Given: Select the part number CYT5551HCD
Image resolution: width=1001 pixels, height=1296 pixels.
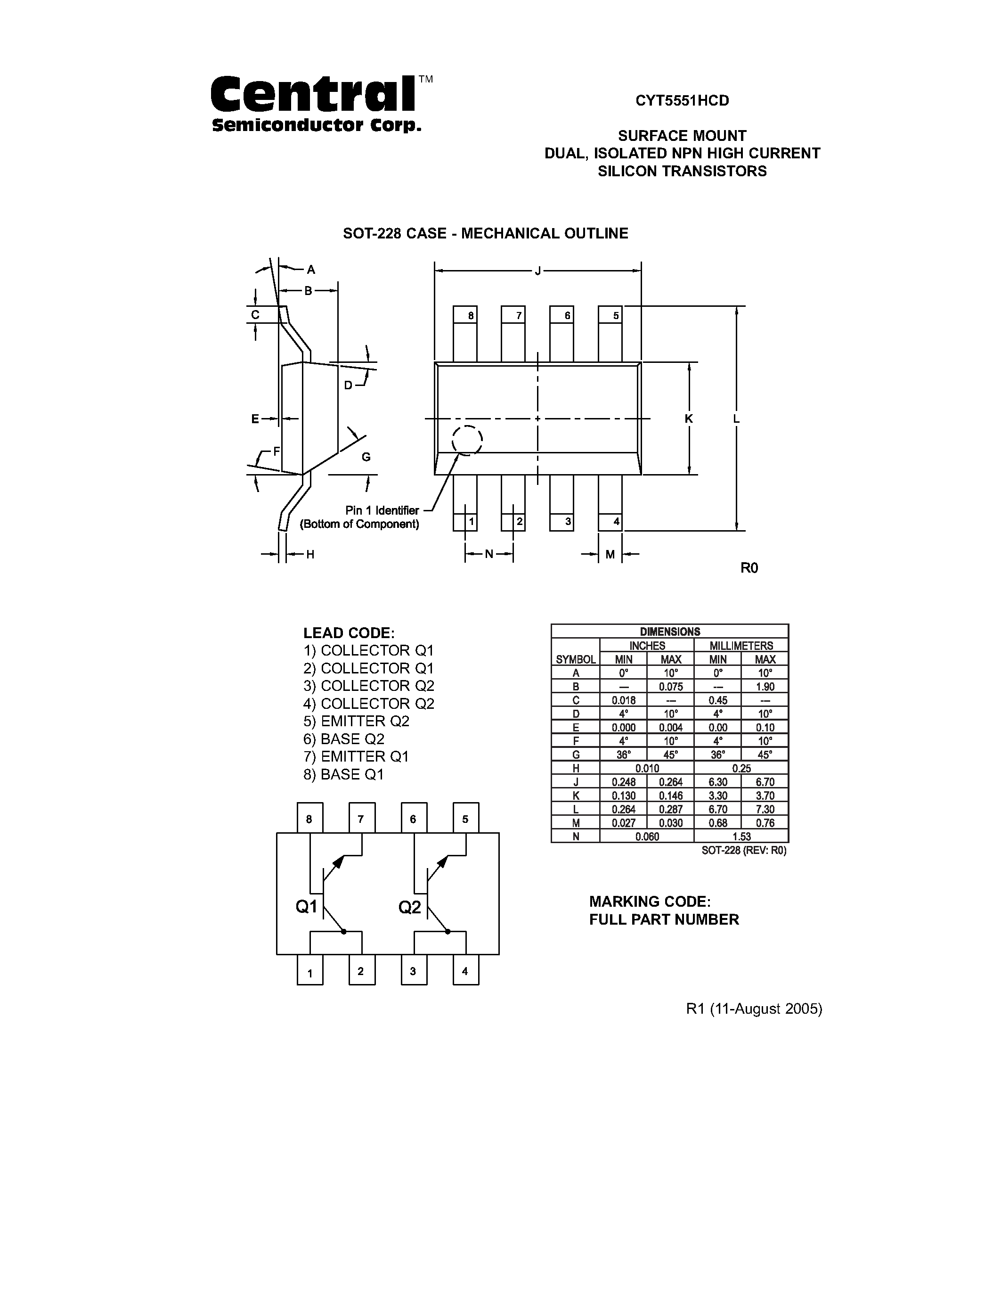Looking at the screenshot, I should click(682, 101).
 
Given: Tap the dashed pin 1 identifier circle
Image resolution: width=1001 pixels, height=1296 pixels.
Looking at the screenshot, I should click(467, 440).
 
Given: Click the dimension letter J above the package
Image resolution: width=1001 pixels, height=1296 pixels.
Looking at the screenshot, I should click(538, 272).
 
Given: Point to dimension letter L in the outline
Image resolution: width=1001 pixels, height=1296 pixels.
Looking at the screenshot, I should click(736, 419).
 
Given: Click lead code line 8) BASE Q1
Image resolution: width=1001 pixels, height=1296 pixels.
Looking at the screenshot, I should click(344, 774).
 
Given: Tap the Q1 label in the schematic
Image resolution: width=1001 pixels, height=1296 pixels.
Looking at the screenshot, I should click(307, 907).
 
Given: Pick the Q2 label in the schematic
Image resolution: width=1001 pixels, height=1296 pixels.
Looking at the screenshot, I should click(410, 907).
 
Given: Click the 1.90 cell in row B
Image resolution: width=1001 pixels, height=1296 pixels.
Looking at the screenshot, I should click(765, 687).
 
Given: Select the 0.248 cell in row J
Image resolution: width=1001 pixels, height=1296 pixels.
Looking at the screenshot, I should click(623, 782).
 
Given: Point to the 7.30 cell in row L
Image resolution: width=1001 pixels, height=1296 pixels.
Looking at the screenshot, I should click(765, 809).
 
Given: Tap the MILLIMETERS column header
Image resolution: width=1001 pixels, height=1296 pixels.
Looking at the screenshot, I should click(741, 646).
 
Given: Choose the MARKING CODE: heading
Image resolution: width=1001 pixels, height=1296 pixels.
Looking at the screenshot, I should click(649, 902).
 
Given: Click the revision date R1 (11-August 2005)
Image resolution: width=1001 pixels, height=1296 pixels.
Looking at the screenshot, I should click(754, 1009).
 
